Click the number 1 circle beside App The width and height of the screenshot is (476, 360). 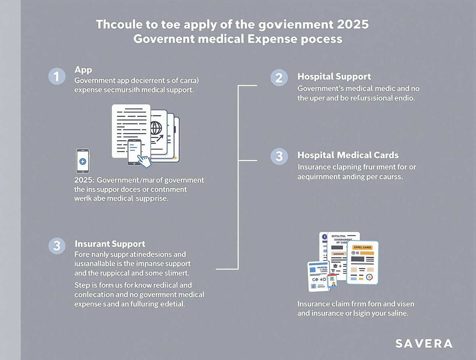coord(57,77)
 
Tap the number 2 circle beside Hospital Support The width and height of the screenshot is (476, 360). coord(279,78)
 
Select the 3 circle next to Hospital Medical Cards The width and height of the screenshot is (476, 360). coord(279,156)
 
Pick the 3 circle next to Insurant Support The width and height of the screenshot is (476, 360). coord(57,246)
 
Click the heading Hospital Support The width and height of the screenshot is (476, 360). coord(334,77)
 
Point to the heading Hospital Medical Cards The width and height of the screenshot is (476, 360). coord(348,155)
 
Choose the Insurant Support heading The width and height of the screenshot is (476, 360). coord(110,244)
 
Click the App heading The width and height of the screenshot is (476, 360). coord(83,70)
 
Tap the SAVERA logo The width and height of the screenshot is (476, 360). coord(424,343)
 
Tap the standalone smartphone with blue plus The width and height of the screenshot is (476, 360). coord(83,161)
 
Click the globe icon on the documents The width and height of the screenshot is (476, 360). coord(156,128)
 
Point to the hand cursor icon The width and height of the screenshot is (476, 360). coord(144,160)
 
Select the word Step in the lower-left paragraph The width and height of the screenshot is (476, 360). coord(82,285)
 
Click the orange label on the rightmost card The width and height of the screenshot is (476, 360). coord(363,247)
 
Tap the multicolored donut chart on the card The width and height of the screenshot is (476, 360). coord(369,276)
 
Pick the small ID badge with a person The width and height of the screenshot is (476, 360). coord(332,281)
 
